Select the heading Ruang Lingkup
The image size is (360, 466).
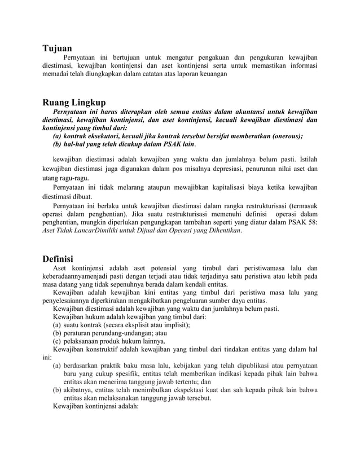click(74, 102)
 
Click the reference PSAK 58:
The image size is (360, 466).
click(304, 223)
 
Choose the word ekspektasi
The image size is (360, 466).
click(208, 390)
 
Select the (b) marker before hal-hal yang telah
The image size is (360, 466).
click(57, 144)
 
